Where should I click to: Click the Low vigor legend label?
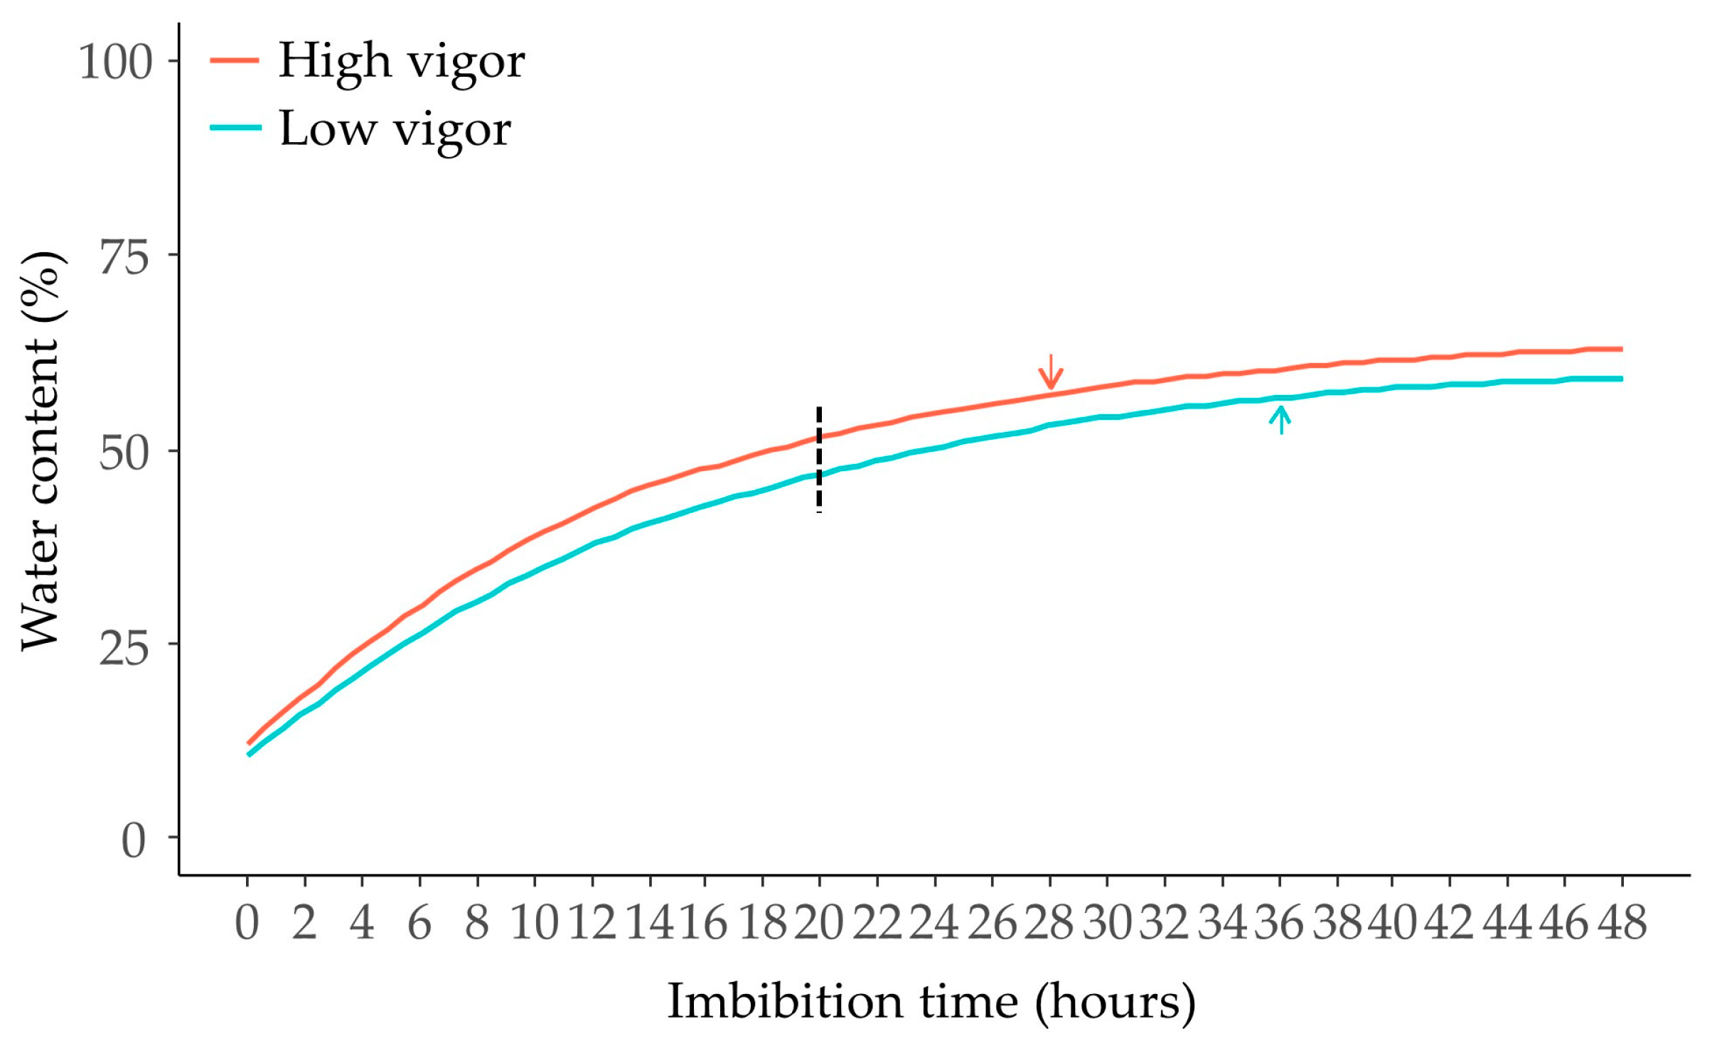pyautogui.click(x=395, y=130)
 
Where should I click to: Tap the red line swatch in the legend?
pyautogui.click(x=235, y=60)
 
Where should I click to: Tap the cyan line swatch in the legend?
pyautogui.click(x=235, y=127)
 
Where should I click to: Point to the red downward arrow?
pyautogui.click(x=1051, y=372)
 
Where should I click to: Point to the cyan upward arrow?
pyautogui.click(x=1280, y=418)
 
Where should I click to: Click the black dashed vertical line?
pyautogui.click(x=819, y=460)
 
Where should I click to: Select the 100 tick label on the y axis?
pyautogui.click(x=115, y=62)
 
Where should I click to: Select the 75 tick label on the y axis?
pyautogui.click(x=124, y=256)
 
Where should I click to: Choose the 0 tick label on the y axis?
pyautogui.click(x=134, y=841)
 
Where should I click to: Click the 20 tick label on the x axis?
pyautogui.click(x=819, y=924)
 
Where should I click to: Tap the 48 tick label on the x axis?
pyautogui.click(x=1622, y=924)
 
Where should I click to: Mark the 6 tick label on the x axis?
pyautogui.click(x=419, y=924)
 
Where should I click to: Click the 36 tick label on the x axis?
pyautogui.click(x=1279, y=924)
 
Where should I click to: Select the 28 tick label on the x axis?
pyautogui.click(x=1049, y=924)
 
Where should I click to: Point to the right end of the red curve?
pyautogui.click(x=1620, y=349)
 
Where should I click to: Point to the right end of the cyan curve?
pyautogui.click(x=1620, y=379)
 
